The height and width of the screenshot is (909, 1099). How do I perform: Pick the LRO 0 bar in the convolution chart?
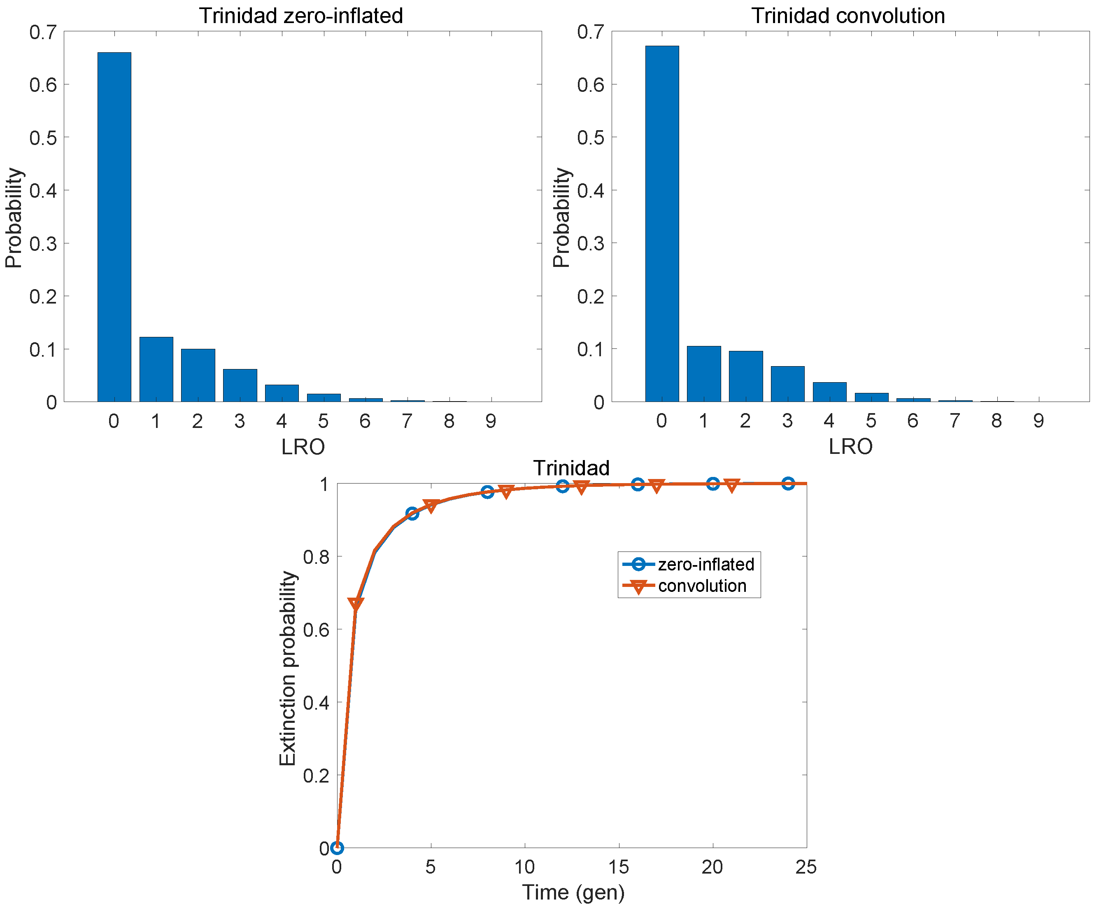(x=661, y=224)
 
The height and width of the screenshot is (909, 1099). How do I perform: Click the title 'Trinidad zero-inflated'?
(x=301, y=16)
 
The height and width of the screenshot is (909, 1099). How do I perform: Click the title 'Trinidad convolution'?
(x=848, y=16)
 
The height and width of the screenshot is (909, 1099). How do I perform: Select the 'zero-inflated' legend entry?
(x=706, y=564)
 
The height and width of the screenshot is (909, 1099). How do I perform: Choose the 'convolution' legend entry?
(x=702, y=586)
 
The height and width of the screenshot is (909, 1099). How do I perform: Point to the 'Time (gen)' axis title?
(x=573, y=892)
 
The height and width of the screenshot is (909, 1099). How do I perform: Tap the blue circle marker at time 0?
(x=337, y=847)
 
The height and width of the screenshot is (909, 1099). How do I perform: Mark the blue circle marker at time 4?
(x=412, y=514)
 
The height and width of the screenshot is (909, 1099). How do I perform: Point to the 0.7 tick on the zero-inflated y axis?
(x=43, y=33)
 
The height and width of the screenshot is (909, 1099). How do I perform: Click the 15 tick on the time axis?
(x=619, y=867)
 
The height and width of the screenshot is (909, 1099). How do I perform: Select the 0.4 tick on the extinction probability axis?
(x=316, y=703)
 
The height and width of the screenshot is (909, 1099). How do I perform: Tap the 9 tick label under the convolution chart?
(x=1038, y=421)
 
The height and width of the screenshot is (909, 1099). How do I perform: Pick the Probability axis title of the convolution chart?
(x=561, y=217)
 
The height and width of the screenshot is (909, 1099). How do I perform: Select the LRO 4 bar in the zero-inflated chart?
(x=282, y=393)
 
